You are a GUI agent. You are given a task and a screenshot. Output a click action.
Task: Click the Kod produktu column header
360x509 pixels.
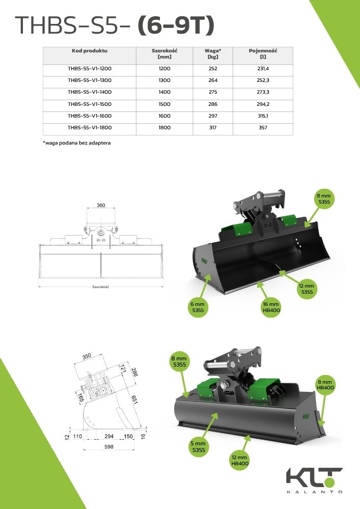point(90,50)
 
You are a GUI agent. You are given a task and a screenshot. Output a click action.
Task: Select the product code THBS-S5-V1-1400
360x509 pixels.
point(90,92)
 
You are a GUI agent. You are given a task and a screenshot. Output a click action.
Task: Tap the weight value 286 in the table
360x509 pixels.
point(213,104)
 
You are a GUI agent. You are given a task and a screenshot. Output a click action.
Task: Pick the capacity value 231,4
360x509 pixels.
point(263,69)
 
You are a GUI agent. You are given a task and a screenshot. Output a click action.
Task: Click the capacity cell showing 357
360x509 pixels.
point(263,128)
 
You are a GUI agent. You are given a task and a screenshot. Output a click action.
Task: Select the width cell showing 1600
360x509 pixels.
point(164,116)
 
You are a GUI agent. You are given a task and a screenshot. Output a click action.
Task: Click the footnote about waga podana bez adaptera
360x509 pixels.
point(77,143)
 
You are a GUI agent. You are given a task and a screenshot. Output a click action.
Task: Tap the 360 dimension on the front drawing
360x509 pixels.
point(101,205)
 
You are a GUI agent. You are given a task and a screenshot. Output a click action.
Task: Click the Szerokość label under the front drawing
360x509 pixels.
point(101,287)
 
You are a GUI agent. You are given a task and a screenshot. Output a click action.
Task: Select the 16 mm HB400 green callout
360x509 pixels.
point(271,307)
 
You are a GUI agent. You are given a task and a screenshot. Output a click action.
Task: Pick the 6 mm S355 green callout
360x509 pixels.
point(198,307)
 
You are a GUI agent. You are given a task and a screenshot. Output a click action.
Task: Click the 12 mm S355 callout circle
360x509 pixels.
point(307,289)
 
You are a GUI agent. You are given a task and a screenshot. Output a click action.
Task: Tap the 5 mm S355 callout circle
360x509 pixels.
point(198,447)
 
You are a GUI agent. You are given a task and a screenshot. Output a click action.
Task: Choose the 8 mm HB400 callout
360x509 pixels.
point(325,385)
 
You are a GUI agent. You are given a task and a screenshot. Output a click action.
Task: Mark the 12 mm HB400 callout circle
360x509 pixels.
point(239,460)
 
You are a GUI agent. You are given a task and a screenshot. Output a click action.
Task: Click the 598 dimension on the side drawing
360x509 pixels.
point(109,447)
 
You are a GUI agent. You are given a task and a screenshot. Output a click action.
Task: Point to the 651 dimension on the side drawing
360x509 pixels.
point(134,400)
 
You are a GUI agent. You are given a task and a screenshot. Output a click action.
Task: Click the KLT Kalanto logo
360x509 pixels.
point(314,480)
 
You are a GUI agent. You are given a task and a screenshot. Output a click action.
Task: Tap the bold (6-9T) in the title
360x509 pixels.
point(176,25)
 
